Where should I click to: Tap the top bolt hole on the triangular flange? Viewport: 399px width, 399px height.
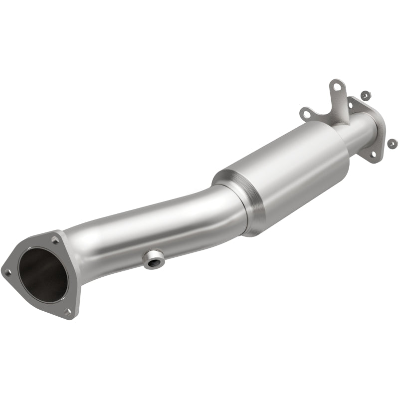[x=55, y=240]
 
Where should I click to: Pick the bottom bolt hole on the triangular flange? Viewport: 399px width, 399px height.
[x=68, y=312]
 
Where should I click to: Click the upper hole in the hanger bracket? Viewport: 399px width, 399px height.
[x=338, y=88]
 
